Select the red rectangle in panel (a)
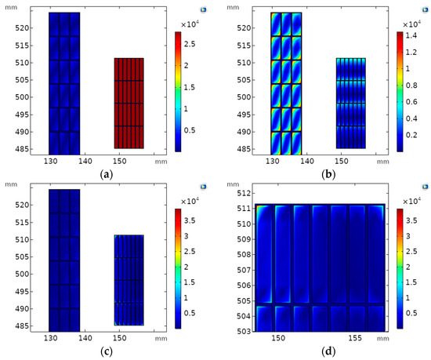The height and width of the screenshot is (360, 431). [129, 103]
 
